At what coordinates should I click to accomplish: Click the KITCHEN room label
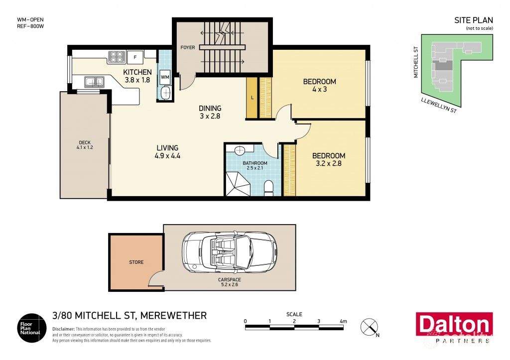coord(137,72)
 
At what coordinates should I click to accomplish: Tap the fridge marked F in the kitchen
coord(134,57)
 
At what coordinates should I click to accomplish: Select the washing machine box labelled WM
coord(165,78)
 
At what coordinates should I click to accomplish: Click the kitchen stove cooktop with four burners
coord(117,57)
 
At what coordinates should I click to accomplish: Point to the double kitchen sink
coord(94,81)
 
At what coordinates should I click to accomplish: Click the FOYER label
coord(188,48)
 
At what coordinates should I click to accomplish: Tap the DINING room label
coord(210,108)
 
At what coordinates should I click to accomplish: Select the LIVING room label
coord(167,148)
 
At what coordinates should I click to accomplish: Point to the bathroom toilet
coord(268,188)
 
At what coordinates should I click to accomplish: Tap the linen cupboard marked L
coord(253,98)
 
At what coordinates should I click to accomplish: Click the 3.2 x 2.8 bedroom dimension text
coord(330,164)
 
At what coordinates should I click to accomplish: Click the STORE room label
coord(136,262)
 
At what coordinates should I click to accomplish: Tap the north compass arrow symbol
coord(370,327)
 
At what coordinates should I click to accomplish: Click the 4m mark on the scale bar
coord(343,322)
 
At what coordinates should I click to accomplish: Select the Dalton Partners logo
coord(454,328)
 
